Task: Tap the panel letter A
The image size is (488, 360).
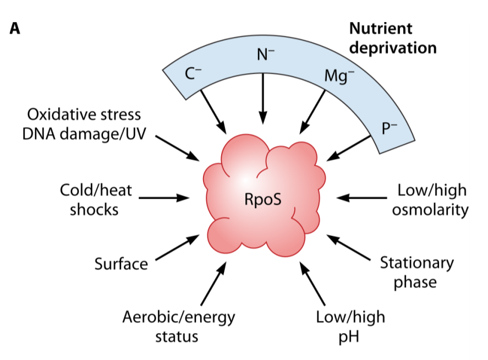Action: (x=14, y=28)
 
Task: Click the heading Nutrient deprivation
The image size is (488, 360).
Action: (x=393, y=38)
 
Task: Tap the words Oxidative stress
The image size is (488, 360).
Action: (x=84, y=114)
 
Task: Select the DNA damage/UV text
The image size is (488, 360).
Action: (x=84, y=134)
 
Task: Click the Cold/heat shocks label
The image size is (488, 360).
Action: (x=96, y=199)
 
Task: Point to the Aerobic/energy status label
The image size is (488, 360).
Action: (x=178, y=326)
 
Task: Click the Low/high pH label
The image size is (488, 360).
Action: (x=350, y=326)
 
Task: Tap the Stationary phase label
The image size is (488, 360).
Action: (x=416, y=272)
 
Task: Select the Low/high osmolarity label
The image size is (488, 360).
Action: (x=430, y=200)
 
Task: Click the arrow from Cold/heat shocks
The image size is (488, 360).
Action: (x=163, y=198)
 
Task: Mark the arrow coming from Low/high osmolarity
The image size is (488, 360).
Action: (x=362, y=198)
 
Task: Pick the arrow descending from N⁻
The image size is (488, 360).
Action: (x=263, y=97)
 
